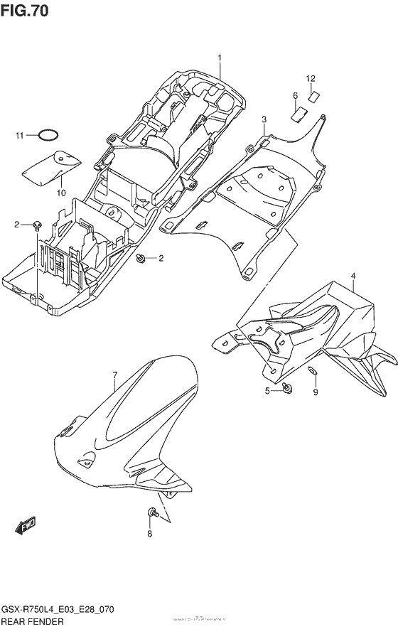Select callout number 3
pos(264,119)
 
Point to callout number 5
pos(268,391)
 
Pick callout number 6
pos(295,95)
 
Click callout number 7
pos(114,375)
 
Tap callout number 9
pos(316,392)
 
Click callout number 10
pos(61,192)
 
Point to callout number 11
pos(21,134)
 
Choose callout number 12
pos(311,77)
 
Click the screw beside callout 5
pos(286,388)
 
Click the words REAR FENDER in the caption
pos(33,621)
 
